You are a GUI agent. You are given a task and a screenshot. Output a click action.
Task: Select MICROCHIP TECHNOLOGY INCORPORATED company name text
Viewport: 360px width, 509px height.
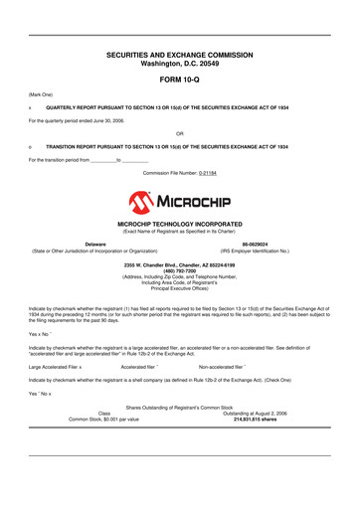tap(179, 225)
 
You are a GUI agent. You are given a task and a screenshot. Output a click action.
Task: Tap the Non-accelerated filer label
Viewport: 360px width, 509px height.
tap(228, 366)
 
